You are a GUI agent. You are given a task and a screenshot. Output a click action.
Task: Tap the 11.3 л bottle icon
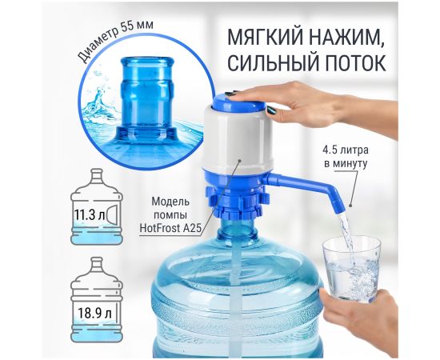[97, 206]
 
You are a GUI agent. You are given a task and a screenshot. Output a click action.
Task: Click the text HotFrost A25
[170, 228]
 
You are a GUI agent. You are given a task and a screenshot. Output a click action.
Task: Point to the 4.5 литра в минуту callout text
[346, 157]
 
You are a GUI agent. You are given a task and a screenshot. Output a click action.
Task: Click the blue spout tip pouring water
[338, 206]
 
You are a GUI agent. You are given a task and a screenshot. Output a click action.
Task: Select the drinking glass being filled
[351, 269]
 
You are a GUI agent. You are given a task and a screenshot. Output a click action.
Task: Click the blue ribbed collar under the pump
[238, 202]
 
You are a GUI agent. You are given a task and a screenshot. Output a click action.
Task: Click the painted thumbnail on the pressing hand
[270, 110]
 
